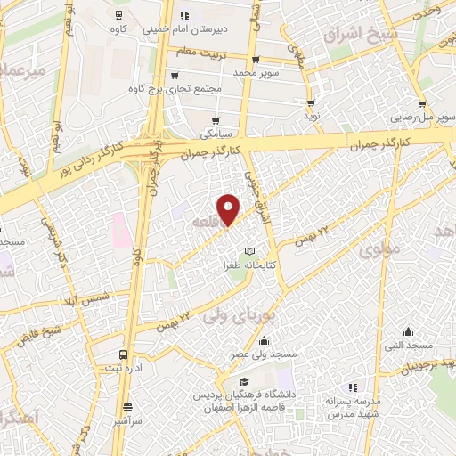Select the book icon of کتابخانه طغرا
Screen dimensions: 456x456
249,251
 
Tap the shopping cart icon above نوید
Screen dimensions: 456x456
311,103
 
